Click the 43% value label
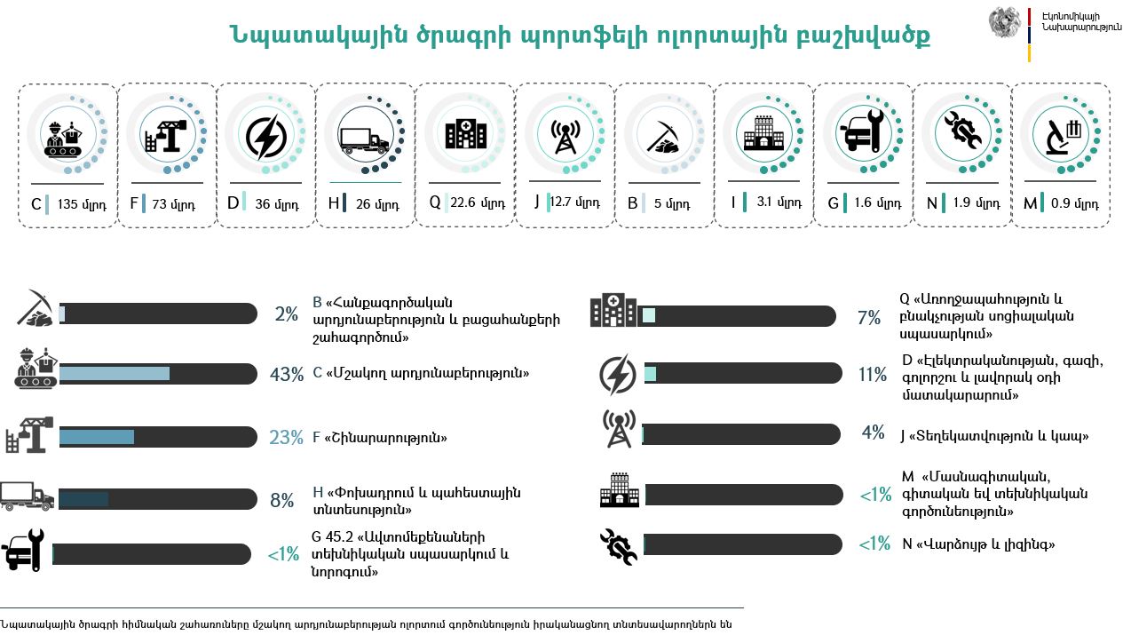pyautogui.click(x=286, y=375)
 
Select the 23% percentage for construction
pyautogui.click(x=286, y=438)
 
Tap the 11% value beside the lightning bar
pyautogui.click(x=873, y=375)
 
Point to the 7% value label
pyautogui.click(x=869, y=318)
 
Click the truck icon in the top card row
pyautogui.click(x=365, y=138)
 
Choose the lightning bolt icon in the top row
pyautogui.click(x=265, y=138)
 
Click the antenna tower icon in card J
pyautogui.click(x=564, y=138)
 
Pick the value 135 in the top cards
pyautogui.click(x=68, y=203)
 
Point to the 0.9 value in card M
pyautogui.click(x=1060, y=203)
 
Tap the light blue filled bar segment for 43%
pyautogui.click(x=114, y=374)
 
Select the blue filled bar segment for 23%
pyautogui.click(x=96, y=437)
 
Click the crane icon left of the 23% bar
pyautogui.click(x=29, y=435)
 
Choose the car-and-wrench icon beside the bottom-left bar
pyautogui.click(x=24, y=550)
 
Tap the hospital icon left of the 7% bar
pyautogui.click(x=613, y=312)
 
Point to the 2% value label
pyautogui.click(x=286, y=314)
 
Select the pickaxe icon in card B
pyautogui.click(x=662, y=138)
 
